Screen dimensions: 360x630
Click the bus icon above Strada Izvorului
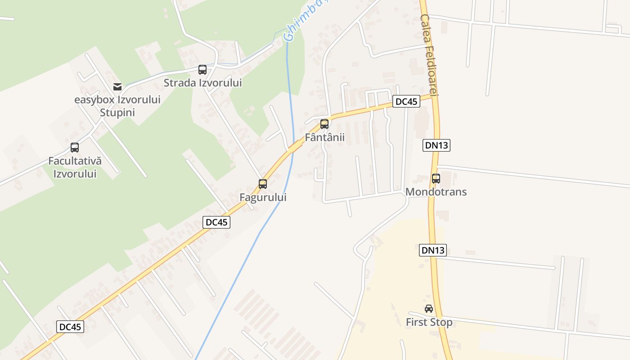202,70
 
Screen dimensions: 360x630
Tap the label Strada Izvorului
202,83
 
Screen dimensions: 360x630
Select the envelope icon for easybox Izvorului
117,86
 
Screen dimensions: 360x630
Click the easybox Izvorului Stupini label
117,106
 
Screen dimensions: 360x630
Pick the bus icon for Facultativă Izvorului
75,147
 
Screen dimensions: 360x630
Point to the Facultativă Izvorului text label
75,167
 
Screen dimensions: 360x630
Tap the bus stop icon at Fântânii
324,124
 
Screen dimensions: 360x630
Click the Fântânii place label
324,137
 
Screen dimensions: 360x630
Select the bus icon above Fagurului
263,184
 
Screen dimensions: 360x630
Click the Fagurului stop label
263,197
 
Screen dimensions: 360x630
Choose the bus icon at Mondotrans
436,178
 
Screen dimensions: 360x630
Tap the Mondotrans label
436,192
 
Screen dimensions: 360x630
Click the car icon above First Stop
429,309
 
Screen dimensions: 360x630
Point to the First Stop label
429,322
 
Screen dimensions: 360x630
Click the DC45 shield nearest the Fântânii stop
406,101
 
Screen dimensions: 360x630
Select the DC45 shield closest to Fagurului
216,222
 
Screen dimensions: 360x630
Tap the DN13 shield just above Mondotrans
436,145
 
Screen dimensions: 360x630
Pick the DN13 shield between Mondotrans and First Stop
433,250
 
